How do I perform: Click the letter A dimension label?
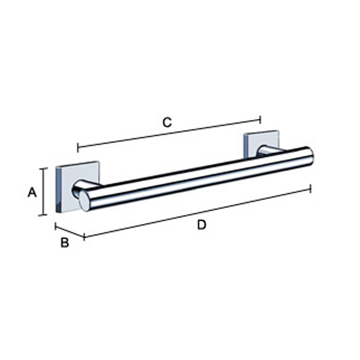32,192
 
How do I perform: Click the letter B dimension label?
65,242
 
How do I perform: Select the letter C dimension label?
167,122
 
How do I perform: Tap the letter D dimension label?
202,225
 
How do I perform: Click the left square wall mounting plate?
78,186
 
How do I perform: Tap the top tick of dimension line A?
43,168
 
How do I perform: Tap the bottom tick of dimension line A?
43,215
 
